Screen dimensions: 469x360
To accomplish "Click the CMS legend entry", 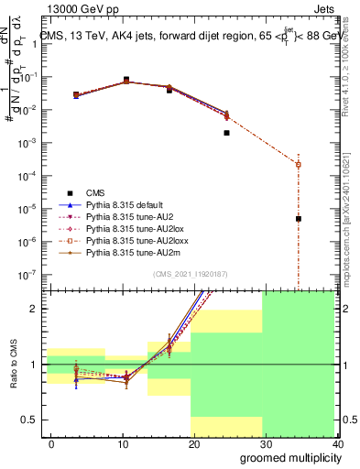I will click(x=95, y=192).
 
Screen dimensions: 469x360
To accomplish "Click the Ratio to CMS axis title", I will click(x=16, y=364).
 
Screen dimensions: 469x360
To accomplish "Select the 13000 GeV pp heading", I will click(x=72, y=8).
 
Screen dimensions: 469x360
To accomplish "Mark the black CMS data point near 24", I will click(x=226, y=133).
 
